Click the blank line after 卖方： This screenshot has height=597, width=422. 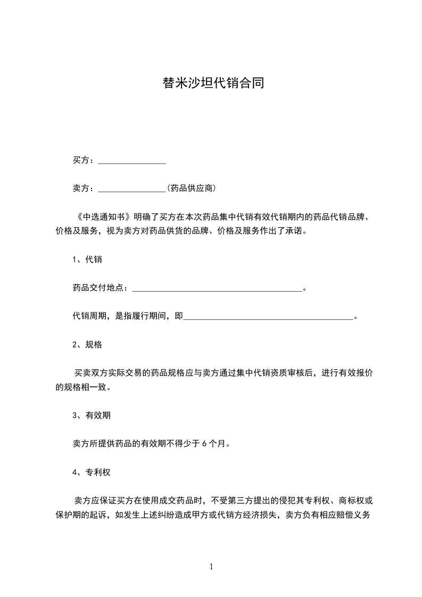coord(132,188)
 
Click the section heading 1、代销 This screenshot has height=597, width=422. coord(87,260)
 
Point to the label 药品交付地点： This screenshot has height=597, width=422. coord(101,288)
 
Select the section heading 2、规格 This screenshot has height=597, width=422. coord(87,345)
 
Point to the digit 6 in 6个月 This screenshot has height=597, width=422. coord(205,444)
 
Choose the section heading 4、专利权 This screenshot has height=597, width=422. coord(92,472)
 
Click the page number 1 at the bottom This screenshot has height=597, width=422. coord(211,567)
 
